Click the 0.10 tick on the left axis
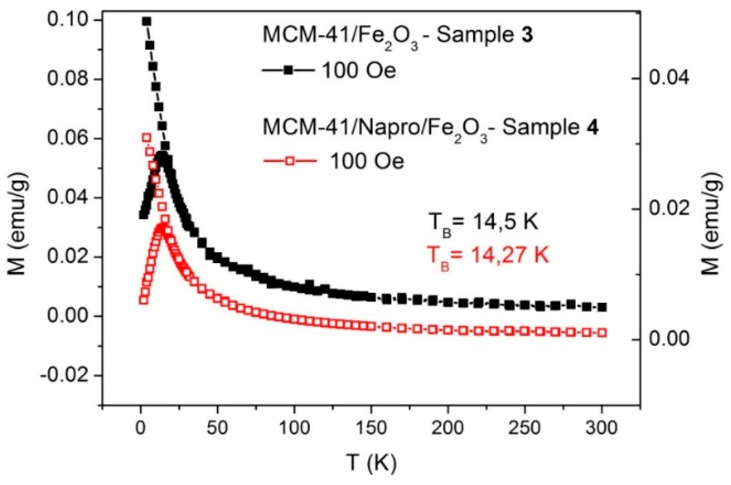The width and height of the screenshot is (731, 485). click(x=100, y=20)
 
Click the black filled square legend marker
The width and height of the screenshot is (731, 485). click(x=289, y=71)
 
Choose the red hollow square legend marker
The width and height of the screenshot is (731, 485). click(x=290, y=161)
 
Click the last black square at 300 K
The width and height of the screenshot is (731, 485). click(x=602, y=307)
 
